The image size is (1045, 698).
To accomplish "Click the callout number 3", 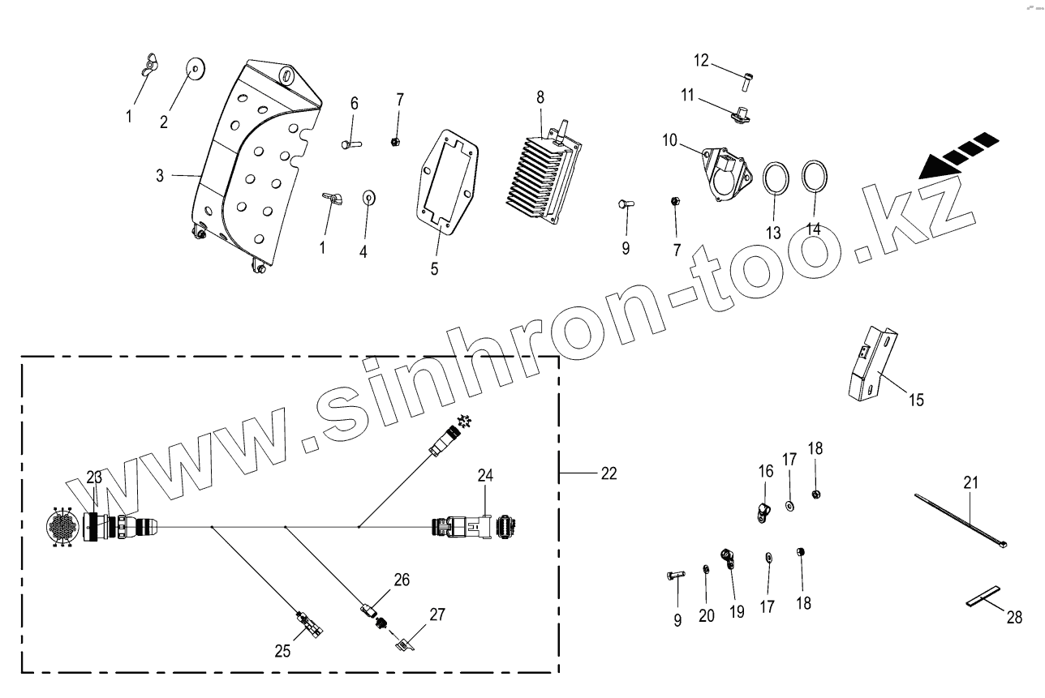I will (160, 175).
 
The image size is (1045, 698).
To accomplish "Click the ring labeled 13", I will (776, 178).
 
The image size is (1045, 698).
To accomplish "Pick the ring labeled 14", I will (815, 176).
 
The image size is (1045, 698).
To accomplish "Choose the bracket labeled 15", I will (872, 363).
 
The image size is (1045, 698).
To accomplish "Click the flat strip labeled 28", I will (983, 598).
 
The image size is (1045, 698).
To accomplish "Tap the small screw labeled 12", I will (747, 79).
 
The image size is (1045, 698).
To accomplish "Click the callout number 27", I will (437, 614).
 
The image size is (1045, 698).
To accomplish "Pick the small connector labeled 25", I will (309, 623).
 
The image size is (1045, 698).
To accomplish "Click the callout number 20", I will (707, 616).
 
